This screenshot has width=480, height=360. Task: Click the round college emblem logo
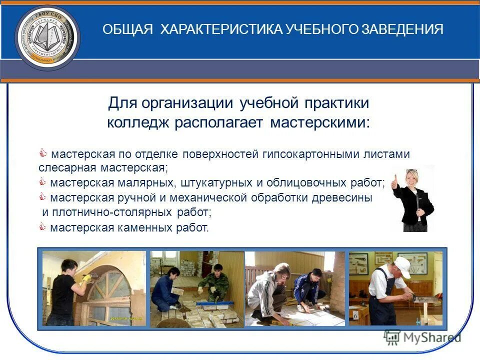point(47,38)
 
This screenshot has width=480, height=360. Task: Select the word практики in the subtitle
point(336,103)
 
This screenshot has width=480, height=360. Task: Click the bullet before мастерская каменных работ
point(42,227)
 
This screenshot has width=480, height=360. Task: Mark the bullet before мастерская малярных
point(42,182)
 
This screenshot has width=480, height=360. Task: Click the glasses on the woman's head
point(411,171)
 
